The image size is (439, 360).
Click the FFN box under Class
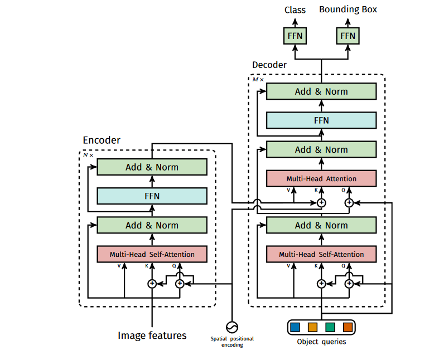tap(294, 36)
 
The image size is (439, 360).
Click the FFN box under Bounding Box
tap(348, 36)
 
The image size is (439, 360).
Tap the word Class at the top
tap(295, 10)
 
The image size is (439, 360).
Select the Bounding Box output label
tap(348, 10)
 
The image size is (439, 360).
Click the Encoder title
tap(102, 140)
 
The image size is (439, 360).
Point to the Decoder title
tap(269, 65)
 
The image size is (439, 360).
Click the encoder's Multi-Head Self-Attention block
tap(152, 254)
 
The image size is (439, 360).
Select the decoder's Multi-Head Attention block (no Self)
tap(321, 179)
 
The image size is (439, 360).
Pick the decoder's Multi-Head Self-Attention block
tap(321, 254)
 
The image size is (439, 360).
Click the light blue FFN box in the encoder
tap(152, 196)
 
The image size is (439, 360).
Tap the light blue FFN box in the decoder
tap(321, 120)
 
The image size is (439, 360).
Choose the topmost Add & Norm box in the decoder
tap(321, 91)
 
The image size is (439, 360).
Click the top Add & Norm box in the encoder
tap(152, 167)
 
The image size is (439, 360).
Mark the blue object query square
tap(295, 327)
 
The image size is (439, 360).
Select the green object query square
tap(330, 327)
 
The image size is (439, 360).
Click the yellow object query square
tap(312, 327)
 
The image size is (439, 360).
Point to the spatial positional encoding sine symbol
tap(231, 327)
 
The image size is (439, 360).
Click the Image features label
tap(152, 335)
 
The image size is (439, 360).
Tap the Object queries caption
tap(321, 342)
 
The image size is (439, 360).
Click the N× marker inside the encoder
tap(88, 155)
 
